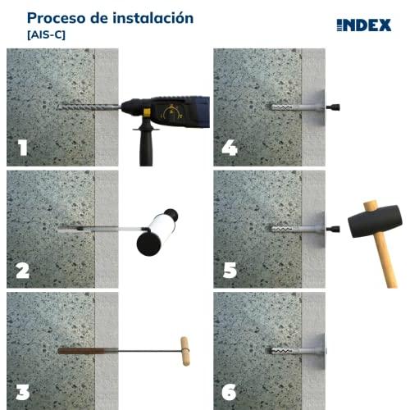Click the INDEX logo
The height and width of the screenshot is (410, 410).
coord(364,25)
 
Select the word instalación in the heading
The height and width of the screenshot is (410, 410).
coord(153,18)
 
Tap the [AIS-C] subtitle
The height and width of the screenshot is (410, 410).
coord(46,35)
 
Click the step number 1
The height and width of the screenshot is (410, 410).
coord(22,148)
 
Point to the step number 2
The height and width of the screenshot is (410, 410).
coord(23,271)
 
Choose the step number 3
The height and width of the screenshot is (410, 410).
coord(23,392)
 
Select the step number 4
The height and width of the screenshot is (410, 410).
coord(230,148)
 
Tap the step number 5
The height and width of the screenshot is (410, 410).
coord(230,270)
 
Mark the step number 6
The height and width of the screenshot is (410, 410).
coord(229,392)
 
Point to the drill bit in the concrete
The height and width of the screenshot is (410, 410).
coord(89,107)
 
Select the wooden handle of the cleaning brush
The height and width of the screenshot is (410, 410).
coord(184,351)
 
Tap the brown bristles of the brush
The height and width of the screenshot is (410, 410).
coord(81,351)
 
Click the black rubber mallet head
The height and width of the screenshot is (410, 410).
coord(375,221)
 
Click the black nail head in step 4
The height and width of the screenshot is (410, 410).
coord(334,107)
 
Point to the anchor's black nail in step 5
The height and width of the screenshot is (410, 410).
coord(334,229)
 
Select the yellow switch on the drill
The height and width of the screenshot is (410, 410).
coord(148,112)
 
